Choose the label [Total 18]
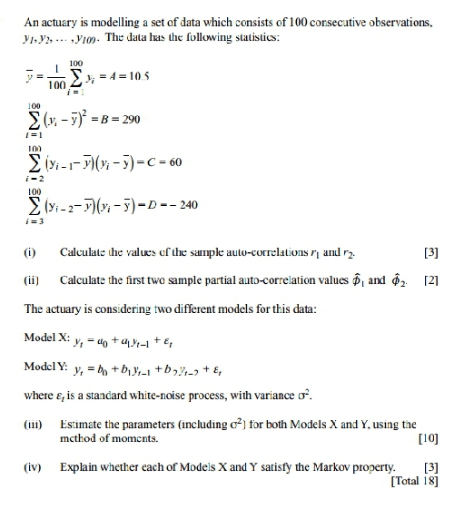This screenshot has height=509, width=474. point(414,481)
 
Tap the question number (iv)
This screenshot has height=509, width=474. point(33,467)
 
